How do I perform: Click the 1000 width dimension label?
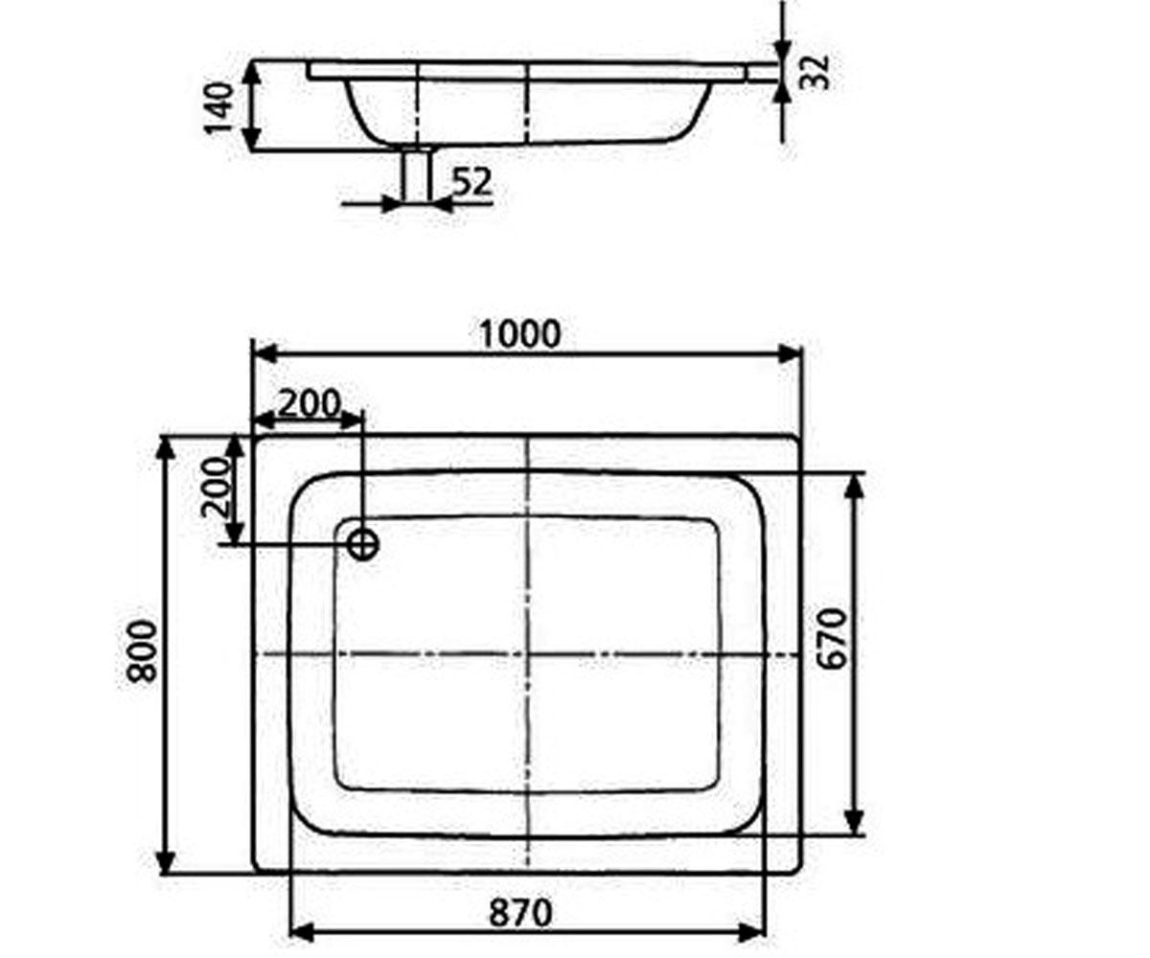tap(520, 334)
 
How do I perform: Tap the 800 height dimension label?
tap(142, 651)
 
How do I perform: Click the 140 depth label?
tap(219, 108)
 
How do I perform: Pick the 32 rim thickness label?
tap(816, 72)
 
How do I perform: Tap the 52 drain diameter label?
tap(471, 182)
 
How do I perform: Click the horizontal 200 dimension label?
tap(310, 403)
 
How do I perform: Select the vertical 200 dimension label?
tap(215, 488)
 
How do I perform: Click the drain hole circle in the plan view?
tap(363, 544)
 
